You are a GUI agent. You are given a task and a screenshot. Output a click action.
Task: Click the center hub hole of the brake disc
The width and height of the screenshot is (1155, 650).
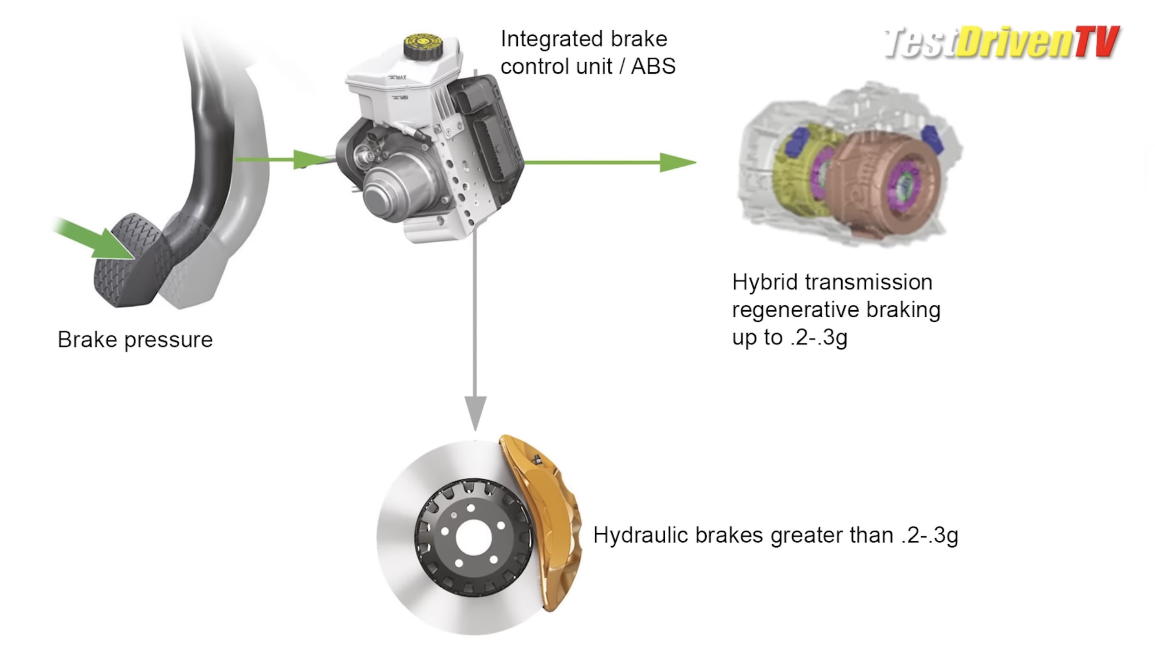click(474, 537)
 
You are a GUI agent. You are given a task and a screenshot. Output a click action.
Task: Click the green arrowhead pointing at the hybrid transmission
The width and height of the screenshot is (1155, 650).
click(677, 162)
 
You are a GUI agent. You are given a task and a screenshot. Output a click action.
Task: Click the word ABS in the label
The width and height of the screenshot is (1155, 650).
click(653, 67)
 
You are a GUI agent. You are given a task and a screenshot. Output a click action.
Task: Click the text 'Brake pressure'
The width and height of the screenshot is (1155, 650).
click(135, 340)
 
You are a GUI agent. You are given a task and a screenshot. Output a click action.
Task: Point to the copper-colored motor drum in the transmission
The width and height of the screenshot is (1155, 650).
click(882, 182)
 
